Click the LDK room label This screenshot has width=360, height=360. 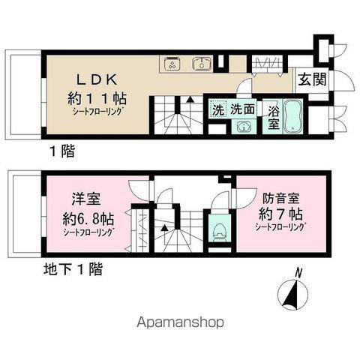tap(97, 79)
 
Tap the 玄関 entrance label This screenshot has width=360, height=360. tap(313, 80)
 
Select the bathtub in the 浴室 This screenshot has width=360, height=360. tap(293, 116)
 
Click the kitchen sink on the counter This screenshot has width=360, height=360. tap(202, 63)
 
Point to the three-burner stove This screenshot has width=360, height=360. tap(172, 63)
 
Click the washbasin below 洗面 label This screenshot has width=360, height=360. tap(244, 127)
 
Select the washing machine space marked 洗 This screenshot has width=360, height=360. tap(218, 109)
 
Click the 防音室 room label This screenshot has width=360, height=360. tap(280, 199)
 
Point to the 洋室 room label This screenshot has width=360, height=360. tap(86, 199)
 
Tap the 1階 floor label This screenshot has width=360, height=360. tap(62, 151)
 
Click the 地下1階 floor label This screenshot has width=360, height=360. tap(73, 269)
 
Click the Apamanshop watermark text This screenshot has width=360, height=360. tap(180, 322)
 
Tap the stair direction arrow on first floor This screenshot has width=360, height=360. tap(190, 100)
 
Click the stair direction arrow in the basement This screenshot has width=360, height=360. tap(164, 228)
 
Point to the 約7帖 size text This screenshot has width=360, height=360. tap(280, 214)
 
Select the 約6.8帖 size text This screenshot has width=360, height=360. tap(88, 219)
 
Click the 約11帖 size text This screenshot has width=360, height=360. tap(97, 98)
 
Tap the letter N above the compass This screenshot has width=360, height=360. tap(298, 273)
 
